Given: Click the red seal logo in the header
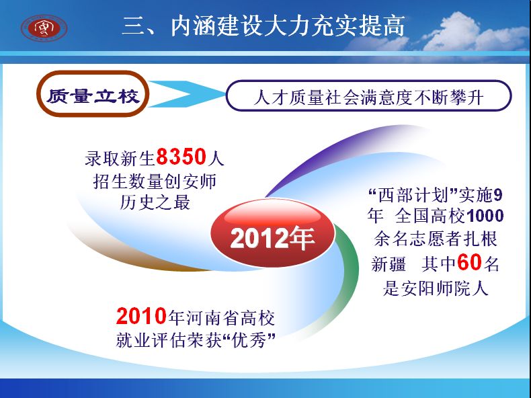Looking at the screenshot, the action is [44, 28].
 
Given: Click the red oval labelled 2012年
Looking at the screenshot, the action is [273, 233].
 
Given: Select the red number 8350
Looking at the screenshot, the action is [181, 157].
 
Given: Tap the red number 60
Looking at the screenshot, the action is [469, 262].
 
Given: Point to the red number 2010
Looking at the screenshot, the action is [141, 316].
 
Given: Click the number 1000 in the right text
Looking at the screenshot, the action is [485, 215].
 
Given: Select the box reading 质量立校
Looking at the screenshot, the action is [93, 94].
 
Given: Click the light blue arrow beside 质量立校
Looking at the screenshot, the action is [186, 94].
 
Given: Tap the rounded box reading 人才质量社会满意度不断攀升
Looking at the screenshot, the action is [368, 96].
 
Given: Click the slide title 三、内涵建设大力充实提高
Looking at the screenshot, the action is [263, 26].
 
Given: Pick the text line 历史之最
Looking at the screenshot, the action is [155, 202].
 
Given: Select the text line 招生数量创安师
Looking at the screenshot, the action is [155, 182].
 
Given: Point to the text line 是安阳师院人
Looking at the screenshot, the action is [436, 288].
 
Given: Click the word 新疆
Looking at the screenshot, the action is [389, 264].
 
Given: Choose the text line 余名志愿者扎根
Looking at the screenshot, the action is [436, 239].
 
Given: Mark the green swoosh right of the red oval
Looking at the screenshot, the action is [349, 268].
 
